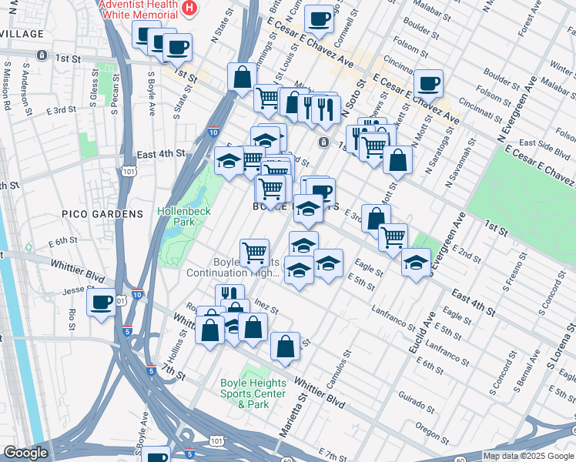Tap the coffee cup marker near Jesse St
pos(101,302)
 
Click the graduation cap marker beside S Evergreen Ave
pos(416,263)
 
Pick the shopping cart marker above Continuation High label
pos(254,251)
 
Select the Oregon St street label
pos(426,428)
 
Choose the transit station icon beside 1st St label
pos(42,55)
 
